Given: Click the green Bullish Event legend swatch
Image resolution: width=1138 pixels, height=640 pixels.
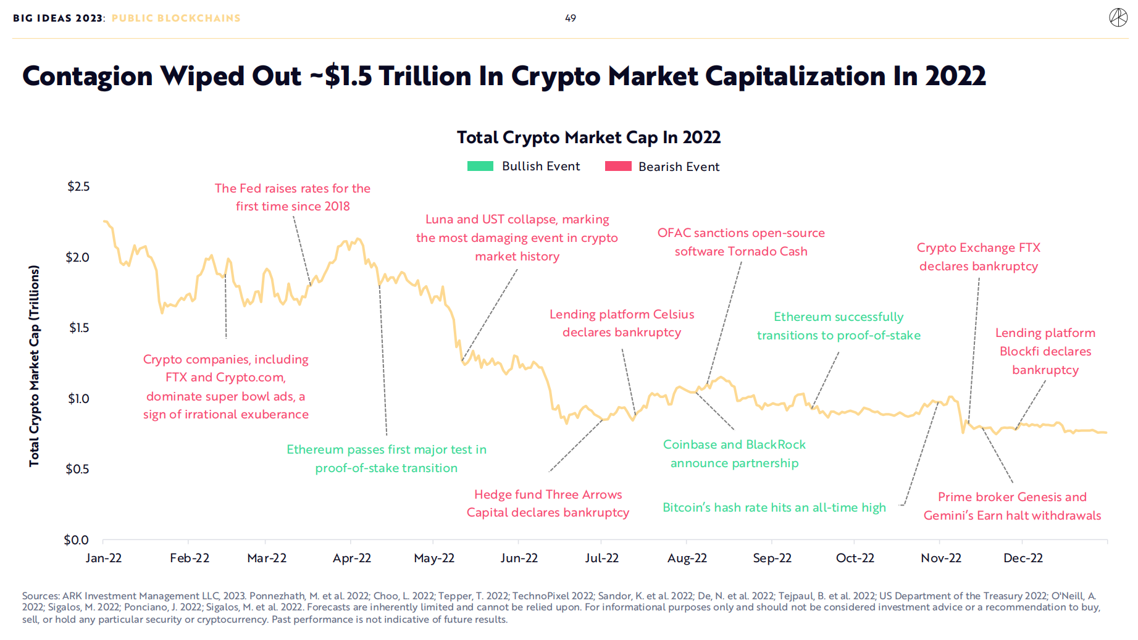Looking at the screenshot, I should [x=480, y=166].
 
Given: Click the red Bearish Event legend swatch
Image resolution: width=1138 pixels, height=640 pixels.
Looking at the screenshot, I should [x=618, y=166].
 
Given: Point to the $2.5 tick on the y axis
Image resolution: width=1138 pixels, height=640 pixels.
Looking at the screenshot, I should [x=78, y=186].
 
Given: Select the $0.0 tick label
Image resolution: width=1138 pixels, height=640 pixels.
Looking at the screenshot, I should [x=77, y=540].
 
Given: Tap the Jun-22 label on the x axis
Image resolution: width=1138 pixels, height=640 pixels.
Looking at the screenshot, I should [x=519, y=558].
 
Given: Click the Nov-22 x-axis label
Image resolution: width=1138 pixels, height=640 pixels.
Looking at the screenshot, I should [x=940, y=558].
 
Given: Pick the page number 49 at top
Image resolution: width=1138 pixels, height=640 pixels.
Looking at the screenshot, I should [x=571, y=19].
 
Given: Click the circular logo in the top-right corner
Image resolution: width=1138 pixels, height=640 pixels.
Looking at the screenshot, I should [x=1118, y=18].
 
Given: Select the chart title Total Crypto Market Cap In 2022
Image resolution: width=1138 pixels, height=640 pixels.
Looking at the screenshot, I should [x=588, y=137].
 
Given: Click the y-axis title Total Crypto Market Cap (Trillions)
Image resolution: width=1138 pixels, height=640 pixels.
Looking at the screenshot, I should [x=34, y=365].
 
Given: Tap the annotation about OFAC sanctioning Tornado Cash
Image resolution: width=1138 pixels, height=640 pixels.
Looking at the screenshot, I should [x=741, y=242].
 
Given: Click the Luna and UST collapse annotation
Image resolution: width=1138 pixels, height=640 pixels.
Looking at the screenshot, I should [x=517, y=238].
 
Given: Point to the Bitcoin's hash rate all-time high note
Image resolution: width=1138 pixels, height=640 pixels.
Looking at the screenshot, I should [x=774, y=507].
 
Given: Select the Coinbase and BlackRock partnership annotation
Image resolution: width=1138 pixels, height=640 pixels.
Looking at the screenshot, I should [x=734, y=454].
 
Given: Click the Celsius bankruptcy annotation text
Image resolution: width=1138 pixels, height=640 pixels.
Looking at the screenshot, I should [x=622, y=323].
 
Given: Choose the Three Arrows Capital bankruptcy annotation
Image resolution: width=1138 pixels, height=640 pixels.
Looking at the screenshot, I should [x=548, y=503].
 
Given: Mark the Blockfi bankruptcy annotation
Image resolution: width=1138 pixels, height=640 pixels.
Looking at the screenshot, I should [x=1045, y=351].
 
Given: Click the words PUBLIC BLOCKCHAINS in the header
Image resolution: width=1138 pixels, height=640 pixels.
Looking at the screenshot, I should [x=176, y=19].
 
